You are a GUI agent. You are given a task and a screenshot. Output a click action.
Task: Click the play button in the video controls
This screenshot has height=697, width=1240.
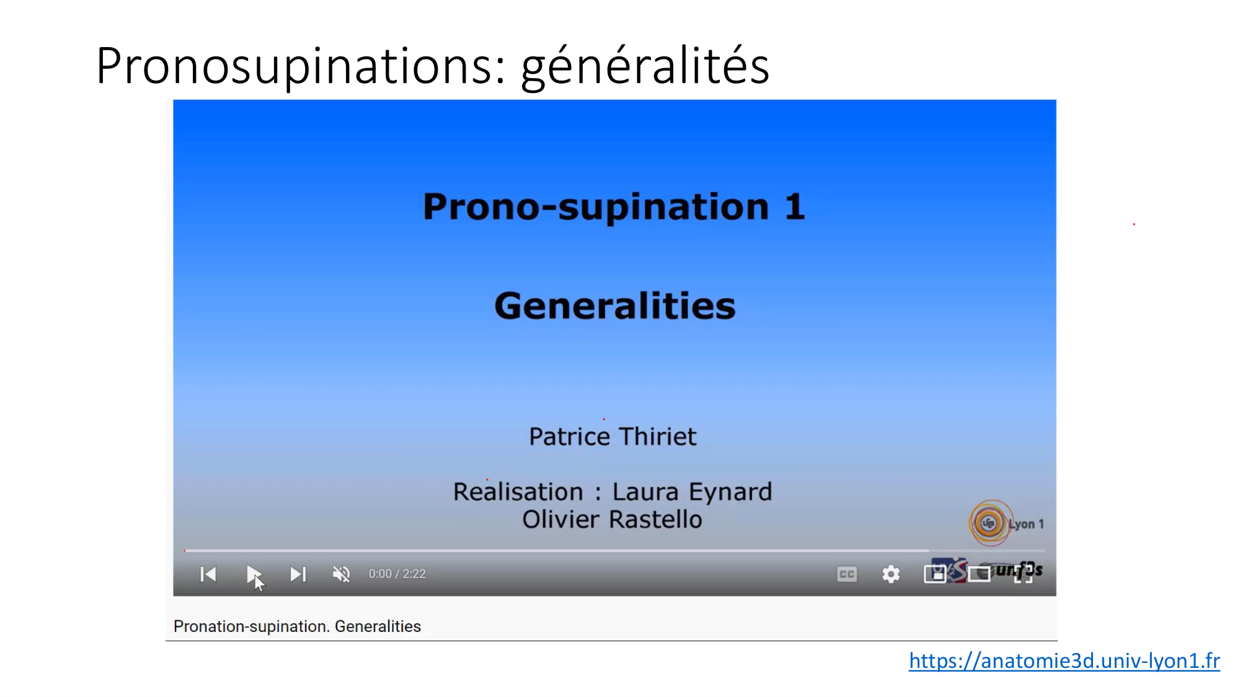pyautogui.click(x=253, y=574)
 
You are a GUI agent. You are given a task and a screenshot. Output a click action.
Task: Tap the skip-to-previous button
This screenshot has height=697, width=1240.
pyautogui.click(x=208, y=574)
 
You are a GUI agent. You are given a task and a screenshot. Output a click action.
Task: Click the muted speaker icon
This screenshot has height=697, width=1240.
pyautogui.click(x=341, y=574)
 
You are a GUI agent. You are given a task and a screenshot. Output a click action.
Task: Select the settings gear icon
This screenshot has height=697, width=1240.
pyautogui.click(x=891, y=574)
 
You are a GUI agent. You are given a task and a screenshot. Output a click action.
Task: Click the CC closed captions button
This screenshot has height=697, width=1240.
pyautogui.click(x=847, y=574)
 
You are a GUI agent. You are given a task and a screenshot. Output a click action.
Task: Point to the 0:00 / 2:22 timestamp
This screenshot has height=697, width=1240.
pyautogui.click(x=397, y=574)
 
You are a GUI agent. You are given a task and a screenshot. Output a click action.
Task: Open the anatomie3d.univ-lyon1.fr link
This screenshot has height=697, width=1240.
pyautogui.click(x=1064, y=660)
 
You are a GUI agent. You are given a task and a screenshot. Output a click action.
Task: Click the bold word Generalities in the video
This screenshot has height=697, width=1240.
pyautogui.click(x=615, y=306)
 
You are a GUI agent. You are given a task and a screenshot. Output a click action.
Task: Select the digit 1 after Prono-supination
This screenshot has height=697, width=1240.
pyautogui.click(x=795, y=206)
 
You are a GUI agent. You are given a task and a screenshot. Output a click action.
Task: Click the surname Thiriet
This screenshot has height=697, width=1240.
pyautogui.click(x=657, y=437)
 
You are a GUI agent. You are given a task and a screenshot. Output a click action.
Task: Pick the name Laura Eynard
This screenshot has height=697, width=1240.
pyautogui.click(x=692, y=492)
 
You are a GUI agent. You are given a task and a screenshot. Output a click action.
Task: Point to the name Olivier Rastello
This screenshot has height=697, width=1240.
pyautogui.click(x=613, y=519)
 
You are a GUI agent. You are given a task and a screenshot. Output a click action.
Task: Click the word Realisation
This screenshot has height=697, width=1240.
pyautogui.click(x=518, y=492)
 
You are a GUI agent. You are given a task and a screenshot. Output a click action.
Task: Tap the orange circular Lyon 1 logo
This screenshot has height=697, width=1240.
pyautogui.click(x=990, y=523)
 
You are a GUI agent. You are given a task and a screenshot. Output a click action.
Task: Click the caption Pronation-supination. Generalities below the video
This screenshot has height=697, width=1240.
pyautogui.click(x=297, y=626)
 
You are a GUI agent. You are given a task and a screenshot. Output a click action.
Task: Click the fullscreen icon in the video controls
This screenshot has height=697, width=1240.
pyautogui.click(x=1024, y=574)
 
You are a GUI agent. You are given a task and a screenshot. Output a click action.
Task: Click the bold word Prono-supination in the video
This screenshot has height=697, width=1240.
pyautogui.click(x=595, y=208)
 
